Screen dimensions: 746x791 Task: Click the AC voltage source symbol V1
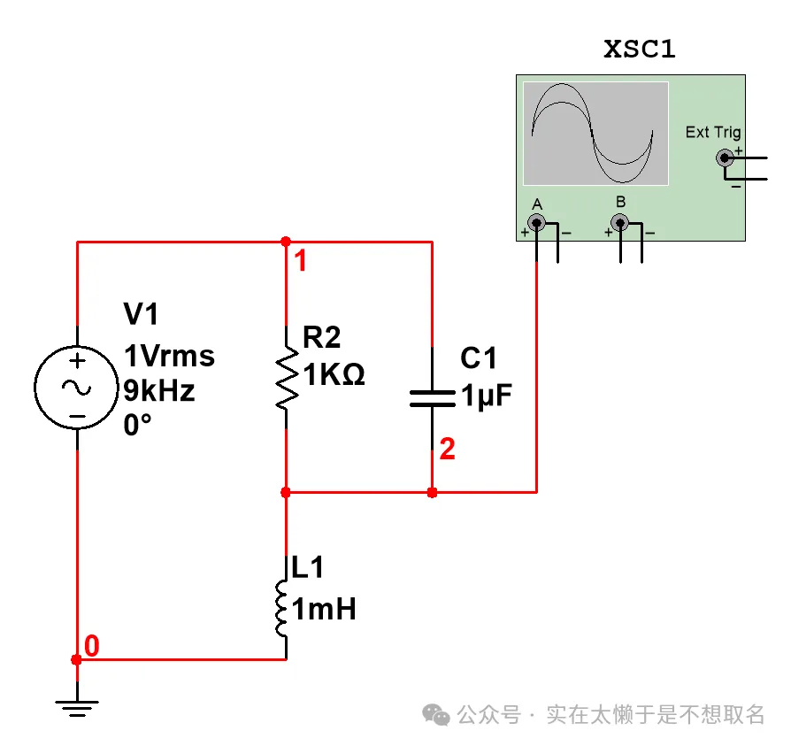pyautogui.click(x=77, y=388)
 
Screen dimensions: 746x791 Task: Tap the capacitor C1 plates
pyautogui.click(x=432, y=396)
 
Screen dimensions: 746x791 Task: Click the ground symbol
pyautogui.click(x=77, y=706)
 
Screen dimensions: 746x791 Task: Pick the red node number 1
pyautogui.click(x=301, y=262)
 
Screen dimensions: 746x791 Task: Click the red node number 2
pyautogui.click(x=448, y=450)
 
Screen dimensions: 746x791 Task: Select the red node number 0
pyautogui.click(x=92, y=646)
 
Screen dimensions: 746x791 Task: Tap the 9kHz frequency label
pyautogui.click(x=159, y=390)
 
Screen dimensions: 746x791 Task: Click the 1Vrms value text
pyautogui.click(x=169, y=357)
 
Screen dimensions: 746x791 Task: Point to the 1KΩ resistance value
pyautogui.click(x=334, y=375)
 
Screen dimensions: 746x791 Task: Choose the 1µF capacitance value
pyautogui.click(x=487, y=396)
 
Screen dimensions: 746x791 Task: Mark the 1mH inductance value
pyautogui.click(x=324, y=609)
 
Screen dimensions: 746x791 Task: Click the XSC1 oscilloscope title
pyautogui.click(x=639, y=50)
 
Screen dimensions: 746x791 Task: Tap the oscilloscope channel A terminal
pyautogui.click(x=536, y=222)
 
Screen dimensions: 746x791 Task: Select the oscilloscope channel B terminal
pyautogui.click(x=620, y=222)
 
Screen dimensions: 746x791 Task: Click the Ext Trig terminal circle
pyautogui.click(x=725, y=158)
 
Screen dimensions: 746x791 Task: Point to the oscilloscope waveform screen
pyautogui.click(x=595, y=133)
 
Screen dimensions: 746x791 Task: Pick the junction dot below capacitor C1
pyautogui.click(x=432, y=492)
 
